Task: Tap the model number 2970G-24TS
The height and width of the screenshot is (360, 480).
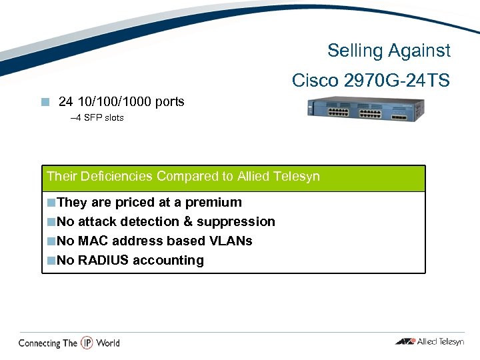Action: pos(397,81)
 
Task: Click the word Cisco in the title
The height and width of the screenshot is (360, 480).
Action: pos(315,81)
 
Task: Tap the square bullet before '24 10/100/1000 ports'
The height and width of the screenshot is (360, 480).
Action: pos(45,102)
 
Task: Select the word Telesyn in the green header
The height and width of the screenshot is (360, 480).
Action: pos(297,177)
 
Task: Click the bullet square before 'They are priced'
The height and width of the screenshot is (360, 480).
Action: pos(51,203)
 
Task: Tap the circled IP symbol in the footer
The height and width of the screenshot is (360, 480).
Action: pos(87,343)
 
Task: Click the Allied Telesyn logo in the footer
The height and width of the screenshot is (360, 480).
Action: pos(429,342)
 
